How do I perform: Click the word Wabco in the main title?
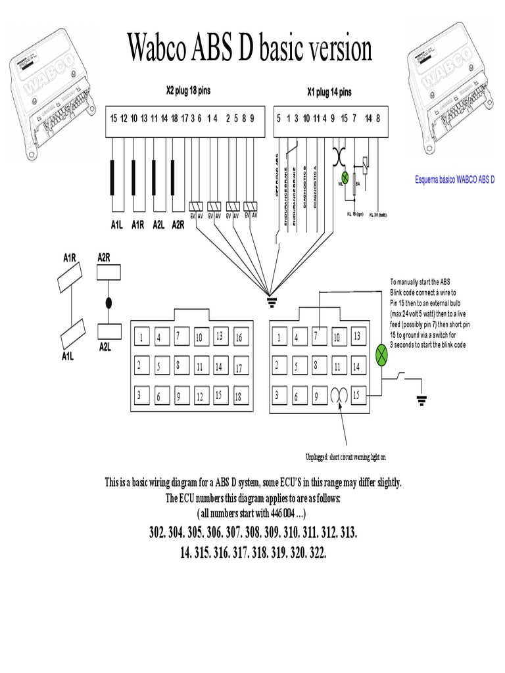[172, 49]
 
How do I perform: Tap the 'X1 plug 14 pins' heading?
[329, 92]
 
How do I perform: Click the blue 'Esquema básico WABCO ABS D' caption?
[454, 179]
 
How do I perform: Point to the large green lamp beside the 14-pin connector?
[381, 355]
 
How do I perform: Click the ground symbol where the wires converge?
[269, 301]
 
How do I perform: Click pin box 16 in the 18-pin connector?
[239, 337]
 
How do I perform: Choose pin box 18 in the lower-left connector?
[239, 396]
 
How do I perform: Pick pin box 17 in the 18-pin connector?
[239, 367]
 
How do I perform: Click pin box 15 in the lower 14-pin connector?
[358, 396]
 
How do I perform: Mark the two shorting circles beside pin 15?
[340, 396]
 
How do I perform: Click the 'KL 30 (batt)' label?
[377, 214]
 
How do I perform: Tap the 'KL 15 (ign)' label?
[355, 214]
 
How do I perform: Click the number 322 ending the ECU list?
[317, 553]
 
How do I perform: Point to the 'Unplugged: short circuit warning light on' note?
[346, 457]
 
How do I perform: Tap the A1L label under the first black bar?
[116, 225]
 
